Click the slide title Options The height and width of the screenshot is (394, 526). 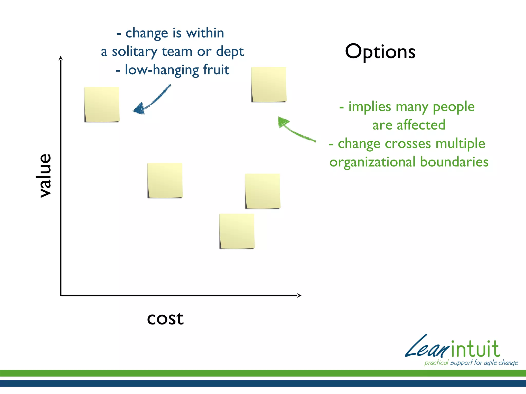[x=380, y=52]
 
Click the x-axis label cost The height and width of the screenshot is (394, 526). [x=165, y=318]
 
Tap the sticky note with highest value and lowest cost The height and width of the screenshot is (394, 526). [x=102, y=104]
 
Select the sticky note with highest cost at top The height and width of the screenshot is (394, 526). [x=269, y=84]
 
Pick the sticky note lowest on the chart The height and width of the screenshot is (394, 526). [x=237, y=231]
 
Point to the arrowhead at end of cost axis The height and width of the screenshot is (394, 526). [x=299, y=295]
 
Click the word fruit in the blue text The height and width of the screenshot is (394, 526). [x=216, y=70]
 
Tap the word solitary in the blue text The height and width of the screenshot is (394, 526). [x=134, y=52]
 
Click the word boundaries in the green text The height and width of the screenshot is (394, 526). [x=454, y=162]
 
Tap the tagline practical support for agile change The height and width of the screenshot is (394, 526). [x=471, y=363]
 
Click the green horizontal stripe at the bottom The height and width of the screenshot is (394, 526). [x=263, y=373]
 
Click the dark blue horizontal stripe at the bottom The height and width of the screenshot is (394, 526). [x=263, y=383]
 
